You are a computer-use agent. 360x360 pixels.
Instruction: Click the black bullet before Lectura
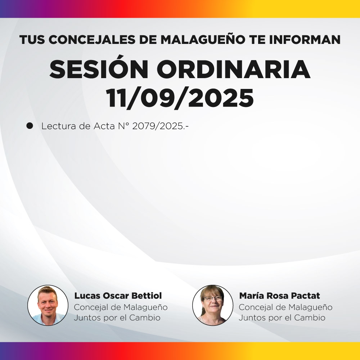30,126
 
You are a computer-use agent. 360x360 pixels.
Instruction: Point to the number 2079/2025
161,126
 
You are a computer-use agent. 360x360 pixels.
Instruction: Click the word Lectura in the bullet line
58,126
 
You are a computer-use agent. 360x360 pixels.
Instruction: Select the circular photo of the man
48,305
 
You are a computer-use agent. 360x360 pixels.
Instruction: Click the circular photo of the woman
213,305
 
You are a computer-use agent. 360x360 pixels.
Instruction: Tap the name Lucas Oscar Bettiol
118,296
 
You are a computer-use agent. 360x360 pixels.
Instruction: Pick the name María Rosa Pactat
279,296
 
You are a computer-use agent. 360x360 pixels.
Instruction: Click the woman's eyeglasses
213,298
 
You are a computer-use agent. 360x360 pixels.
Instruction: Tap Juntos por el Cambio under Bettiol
117,318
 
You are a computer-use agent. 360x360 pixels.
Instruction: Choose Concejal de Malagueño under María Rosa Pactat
285,307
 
